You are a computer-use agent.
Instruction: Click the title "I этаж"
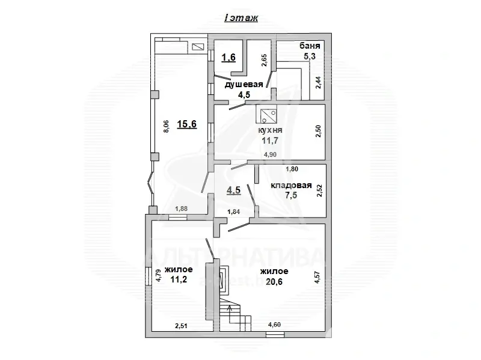click(x=240, y=18)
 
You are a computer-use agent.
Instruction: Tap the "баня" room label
click(x=310, y=46)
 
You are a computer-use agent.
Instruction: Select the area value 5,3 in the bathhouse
click(x=310, y=56)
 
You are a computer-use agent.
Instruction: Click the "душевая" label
click(x=244, y=85)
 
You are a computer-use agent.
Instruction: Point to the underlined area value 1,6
click(x=228, y=58)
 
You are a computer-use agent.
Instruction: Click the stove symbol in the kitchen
click(x=266, y=114)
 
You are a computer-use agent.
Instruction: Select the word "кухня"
click(x=270, y=130)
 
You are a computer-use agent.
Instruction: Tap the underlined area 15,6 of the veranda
click(x=186, y=124)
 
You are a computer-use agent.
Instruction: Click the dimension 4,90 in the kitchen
click(x=271, y=155)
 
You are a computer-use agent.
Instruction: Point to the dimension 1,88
click(x=182, y=209)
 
